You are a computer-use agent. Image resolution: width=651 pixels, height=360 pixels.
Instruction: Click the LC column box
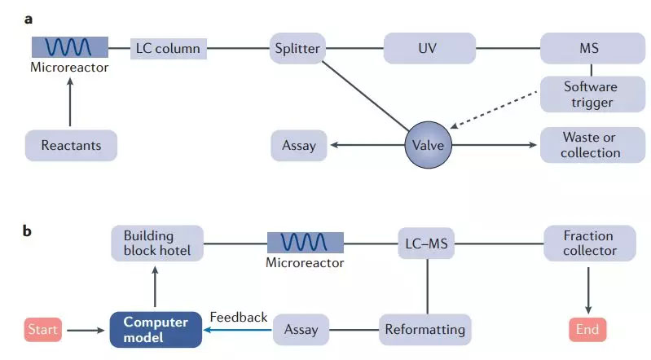(166, 48)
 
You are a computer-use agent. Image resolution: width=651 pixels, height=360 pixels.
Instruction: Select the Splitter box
(297, 48)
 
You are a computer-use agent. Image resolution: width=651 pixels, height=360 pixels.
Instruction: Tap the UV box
(429, 48)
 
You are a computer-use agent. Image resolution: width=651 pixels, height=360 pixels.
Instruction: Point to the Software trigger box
(591, 94)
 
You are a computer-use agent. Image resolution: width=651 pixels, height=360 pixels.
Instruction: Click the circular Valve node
(429, 146)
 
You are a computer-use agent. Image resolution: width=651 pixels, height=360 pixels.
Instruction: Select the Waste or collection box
(591, 145)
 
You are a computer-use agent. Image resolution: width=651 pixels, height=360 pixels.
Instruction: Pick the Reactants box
(70, 146)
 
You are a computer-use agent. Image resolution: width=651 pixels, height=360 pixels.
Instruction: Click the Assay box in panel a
(299, 146)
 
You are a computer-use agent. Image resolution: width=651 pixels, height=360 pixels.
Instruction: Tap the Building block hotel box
(157, 243)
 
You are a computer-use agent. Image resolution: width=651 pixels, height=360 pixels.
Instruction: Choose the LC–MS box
(428, 243)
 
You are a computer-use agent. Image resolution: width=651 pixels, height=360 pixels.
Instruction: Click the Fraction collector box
(589, 243)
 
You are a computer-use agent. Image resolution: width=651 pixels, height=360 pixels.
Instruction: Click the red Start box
(42, 330)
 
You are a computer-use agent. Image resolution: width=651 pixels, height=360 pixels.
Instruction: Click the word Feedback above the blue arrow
(239, 317)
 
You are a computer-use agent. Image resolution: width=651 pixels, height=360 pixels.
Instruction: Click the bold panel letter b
(28, 231)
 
